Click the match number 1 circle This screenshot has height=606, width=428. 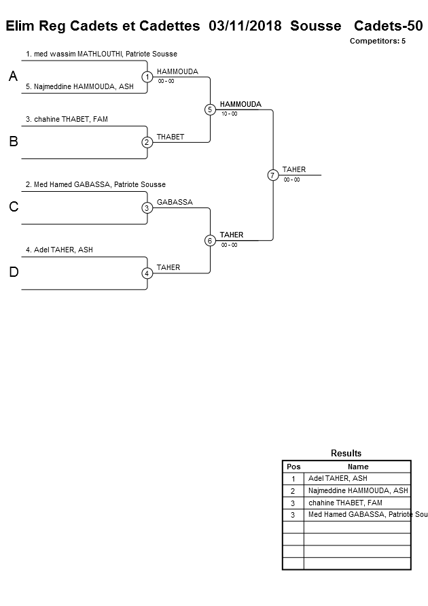click(x=147, y=77)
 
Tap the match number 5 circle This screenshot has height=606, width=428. click(x=210, y=110)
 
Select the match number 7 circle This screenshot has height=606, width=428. click(x=272, y=175)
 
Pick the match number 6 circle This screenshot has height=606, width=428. click(x=210, y=240)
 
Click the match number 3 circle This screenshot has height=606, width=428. click(x=147, y=207)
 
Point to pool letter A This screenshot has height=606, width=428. click(x=13, y=78)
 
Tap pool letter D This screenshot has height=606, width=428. click(x=13, y=273)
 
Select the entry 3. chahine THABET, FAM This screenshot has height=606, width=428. click(x=67, y=119)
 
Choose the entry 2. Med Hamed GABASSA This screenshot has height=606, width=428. click(x=95, y=184)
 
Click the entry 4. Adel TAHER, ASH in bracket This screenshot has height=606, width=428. click(x=59, y=250)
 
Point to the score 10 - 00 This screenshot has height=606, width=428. click(x=229, y=114)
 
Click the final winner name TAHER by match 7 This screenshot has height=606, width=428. click(x=294, y=169)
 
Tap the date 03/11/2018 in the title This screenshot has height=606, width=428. click(x=245, y=27)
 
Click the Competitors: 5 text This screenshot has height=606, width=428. click(x=377, y=41)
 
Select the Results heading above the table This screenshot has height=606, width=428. click(x=346, y=453)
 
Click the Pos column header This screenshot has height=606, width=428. click(x=293, y=467)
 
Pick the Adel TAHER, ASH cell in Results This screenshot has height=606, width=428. click(x=338, y=478)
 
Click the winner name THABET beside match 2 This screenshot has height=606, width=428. click(x=170, y=137)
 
